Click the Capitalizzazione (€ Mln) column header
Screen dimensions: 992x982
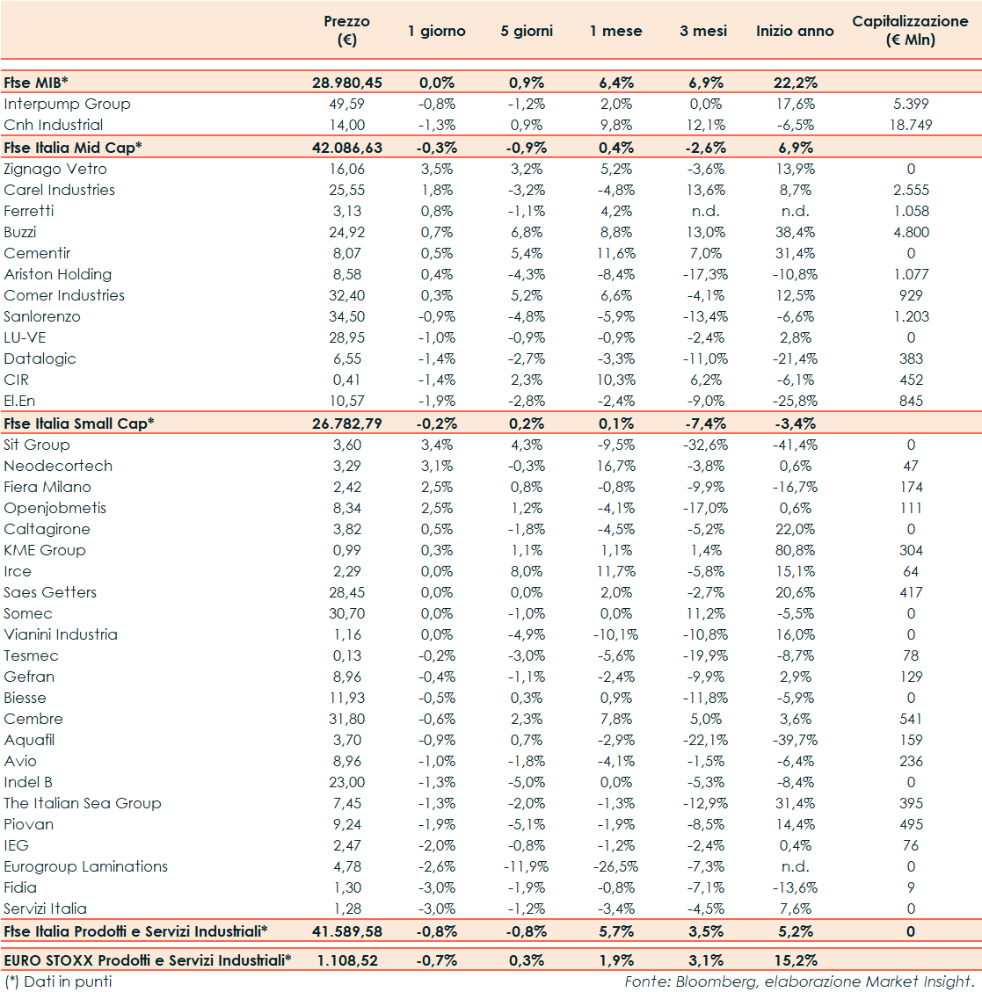tap(910, 31)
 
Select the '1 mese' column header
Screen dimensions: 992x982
tap(615, 32)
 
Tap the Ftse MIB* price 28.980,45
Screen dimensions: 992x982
tap(347, 83)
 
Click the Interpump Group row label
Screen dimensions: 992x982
tap(67, 104)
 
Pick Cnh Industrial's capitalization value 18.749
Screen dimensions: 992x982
tap(910, 125)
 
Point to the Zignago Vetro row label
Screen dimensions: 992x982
tap(55, 169)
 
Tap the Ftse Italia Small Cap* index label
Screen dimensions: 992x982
tap(79, 424)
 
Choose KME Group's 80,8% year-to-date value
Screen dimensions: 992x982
tap(795, 550)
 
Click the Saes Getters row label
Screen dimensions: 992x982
tap(50, 592)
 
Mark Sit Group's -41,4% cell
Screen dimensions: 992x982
tap(795, 445)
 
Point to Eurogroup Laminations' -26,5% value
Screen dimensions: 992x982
tap(615, 866)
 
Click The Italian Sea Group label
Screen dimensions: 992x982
tap(83, 803)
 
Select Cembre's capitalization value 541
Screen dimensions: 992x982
tap(911, 719)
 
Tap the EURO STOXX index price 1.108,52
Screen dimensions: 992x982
tap(347, 960)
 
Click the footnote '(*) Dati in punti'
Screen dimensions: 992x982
tap(58, 981)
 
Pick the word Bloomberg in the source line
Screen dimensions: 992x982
tap(708, 981)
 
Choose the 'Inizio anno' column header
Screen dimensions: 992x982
tap(795, 32)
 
